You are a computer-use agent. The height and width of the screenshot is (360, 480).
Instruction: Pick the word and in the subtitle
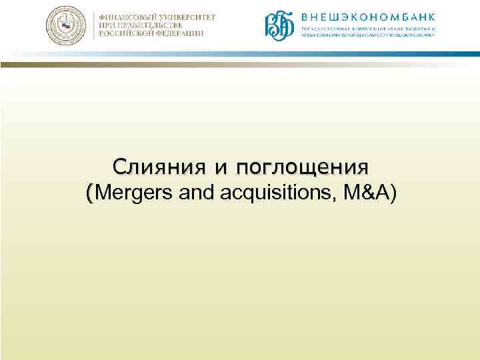click(190, 193)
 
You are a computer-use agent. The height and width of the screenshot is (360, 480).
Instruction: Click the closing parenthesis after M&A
click(393, 194)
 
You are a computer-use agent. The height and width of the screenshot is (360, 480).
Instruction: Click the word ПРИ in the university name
click(107, 25)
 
